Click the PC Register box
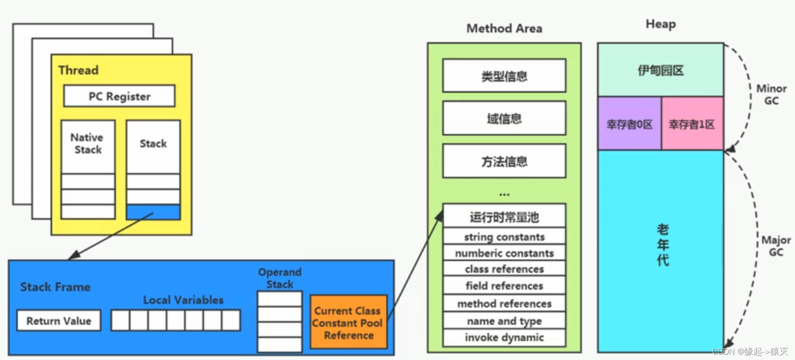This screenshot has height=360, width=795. click(119, 96)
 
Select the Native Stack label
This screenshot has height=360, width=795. click(88, 143)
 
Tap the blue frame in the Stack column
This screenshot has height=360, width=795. click(153, 212)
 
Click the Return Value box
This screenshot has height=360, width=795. click(59, 321)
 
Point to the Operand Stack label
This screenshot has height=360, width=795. click(280, 278)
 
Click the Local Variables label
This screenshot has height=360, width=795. click(183, 300)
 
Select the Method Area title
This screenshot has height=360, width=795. click(504, 29)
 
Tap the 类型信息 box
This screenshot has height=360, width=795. click(504, 76)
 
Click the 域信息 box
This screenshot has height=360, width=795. click(504, 119)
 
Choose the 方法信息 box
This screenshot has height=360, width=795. click(504, 161)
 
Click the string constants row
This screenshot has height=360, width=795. click(504, 237)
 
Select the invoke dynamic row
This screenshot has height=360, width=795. click(504, 338)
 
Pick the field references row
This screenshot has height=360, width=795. click(504, 286)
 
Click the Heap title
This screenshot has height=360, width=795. click(660, 24)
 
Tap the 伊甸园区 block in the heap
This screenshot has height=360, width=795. click(660, 70)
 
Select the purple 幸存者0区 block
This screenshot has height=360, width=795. click(629, 124)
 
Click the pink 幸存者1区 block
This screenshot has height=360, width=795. click(692, 124)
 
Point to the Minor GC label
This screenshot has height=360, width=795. click(771, 94)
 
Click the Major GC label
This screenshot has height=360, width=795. click(776, 246)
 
